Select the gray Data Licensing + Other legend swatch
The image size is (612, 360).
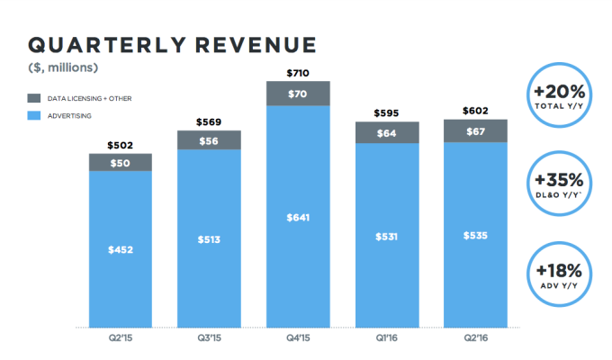pyautogui.click(x=37, y=97)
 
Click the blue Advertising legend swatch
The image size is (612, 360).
pyautogui.click(x=37, y=115)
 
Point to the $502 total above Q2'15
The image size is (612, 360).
pyautogui.click(x=120, y=145)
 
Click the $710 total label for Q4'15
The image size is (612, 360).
pyautogui.click(x=298, y=72)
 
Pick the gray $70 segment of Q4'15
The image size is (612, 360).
pyautogui.click(x=298, y=93)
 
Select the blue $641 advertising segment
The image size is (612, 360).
pyautogui.click(x=298, y=216)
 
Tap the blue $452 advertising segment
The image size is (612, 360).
pyautogui.click(x=120, y=249)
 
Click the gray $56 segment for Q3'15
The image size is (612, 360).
pyautogui.click(x=209, y=139)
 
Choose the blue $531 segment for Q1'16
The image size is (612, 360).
pyautogui.click(x=387, y=235)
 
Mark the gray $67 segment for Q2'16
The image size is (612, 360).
pyautogui.click(x=476, y=130)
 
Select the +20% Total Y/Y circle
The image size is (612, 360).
pyautogui.click(x=561, y=95)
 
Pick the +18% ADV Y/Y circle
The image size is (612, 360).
pyautogui.click(x=561, y=275)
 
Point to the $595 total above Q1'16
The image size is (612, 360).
pyautogui.click(x=387, y=112)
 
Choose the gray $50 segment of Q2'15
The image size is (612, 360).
pyautogui.click(x=120, y=162)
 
